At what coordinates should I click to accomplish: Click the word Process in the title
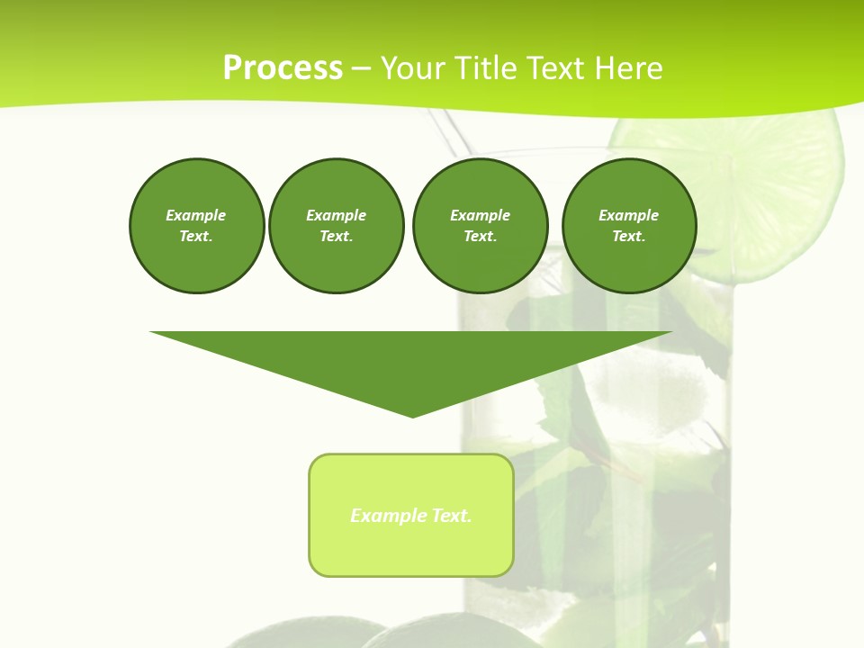tap(283, 68)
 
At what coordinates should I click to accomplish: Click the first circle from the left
tap(196, 226)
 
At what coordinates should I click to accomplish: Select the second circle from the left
tap(336, 226)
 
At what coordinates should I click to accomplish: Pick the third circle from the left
tap(480, 226)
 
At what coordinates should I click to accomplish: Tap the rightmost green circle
tap(629, 226)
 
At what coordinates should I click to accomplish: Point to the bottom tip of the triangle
tap(412, 416)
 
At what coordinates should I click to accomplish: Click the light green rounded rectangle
tap(411, 549)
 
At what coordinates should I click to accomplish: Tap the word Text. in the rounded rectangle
tap(451, 516)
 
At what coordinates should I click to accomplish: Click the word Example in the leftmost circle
tap(196, 215)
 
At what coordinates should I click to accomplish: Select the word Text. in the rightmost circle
tap(629, 237)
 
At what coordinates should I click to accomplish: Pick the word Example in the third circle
tap(480, 215)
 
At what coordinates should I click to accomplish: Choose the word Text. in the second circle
tap(336, 237)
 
